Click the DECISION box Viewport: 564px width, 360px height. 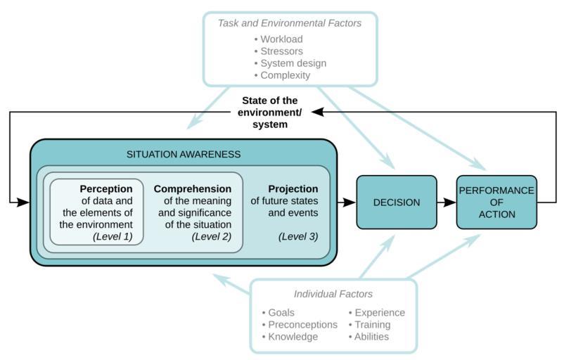coord(397,202)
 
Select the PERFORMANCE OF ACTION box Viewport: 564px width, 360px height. coord(496,202)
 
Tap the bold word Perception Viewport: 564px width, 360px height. coord(106,189)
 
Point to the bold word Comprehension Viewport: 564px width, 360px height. coord(193,189)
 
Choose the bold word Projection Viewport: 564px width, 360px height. coord(293,189)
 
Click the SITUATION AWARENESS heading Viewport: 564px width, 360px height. coord(184,154)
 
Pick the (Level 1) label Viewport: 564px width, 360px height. coord(113,236)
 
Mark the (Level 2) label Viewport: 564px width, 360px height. coord(212,236)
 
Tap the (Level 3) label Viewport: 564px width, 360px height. coord(298,236)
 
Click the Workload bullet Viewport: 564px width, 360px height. coord(281,39)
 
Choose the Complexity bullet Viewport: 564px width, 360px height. coord(285,75)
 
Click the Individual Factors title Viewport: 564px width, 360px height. coord(333,294)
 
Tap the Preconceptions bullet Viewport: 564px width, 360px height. coord(302,325)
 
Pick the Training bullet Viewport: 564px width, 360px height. coord(372,325)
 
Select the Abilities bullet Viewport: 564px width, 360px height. coord(371,337)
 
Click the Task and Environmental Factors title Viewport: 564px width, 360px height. coord(290,23)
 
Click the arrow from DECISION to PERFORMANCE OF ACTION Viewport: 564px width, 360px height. coord(446,202)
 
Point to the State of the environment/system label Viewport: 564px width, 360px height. coord(270,112)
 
